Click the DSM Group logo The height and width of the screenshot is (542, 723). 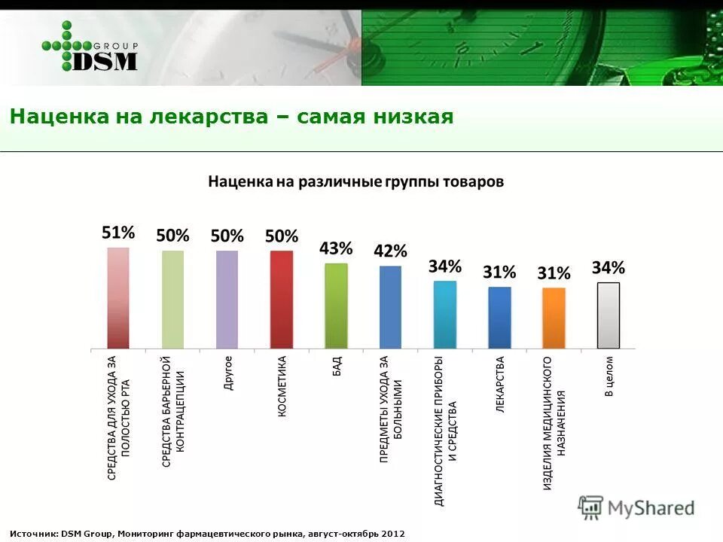point(90,47)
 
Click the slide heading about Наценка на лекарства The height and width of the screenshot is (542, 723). point(231,117)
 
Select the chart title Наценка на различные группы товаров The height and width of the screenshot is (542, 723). point(355,182)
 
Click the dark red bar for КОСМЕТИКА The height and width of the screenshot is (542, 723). point(282,299)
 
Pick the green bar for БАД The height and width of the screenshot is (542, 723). point(336,306)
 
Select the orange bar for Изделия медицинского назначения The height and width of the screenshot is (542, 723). point(554,318)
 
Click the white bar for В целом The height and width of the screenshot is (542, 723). point(608,315)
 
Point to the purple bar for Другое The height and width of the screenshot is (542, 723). point(227,299)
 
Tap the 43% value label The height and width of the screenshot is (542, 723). point(336,248)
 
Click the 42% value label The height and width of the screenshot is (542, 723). point(390,251)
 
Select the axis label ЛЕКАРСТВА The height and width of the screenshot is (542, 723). point(500,384)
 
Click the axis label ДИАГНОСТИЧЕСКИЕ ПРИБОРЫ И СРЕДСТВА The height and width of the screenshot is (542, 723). point(445,430)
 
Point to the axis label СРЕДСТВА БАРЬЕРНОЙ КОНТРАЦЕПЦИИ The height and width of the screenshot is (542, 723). point(173,411)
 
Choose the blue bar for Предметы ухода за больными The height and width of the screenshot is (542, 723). point(390,307)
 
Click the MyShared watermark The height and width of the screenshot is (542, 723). point(637,508)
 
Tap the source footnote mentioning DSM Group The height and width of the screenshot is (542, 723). point(207,533)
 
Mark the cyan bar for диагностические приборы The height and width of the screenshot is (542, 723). point(445,314)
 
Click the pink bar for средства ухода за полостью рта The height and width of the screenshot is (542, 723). point(118,297)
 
